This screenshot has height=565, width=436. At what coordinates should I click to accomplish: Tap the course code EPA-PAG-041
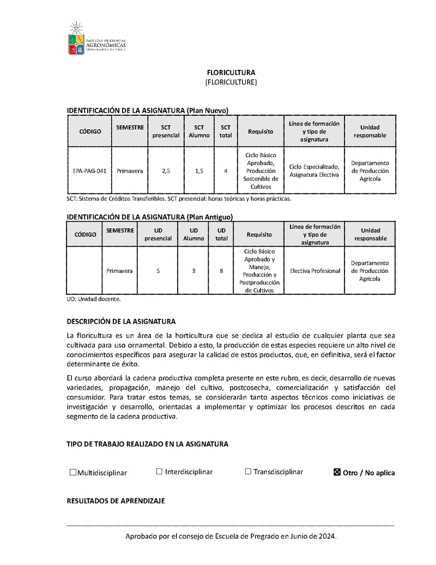89,171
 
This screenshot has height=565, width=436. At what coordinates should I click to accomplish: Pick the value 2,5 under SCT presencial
166,171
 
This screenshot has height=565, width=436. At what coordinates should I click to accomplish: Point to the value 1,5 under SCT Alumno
199,171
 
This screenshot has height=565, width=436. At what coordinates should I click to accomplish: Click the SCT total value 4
226,171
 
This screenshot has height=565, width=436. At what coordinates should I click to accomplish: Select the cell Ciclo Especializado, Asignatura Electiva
314,171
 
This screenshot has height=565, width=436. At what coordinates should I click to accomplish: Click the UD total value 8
221,271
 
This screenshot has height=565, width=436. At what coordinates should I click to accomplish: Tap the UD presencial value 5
158,271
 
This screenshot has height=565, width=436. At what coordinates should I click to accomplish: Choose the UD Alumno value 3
193,271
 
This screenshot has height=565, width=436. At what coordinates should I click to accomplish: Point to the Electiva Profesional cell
315,271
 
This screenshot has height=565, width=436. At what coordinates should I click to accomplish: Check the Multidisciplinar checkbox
73,472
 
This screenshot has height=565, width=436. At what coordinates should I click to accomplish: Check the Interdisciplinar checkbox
159,472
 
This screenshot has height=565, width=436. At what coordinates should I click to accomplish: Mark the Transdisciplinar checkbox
248,472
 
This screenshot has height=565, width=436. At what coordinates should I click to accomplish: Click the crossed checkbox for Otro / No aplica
337,472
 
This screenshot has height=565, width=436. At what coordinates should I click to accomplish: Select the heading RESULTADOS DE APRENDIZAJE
116,501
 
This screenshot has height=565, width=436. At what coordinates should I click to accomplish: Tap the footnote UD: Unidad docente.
93,299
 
